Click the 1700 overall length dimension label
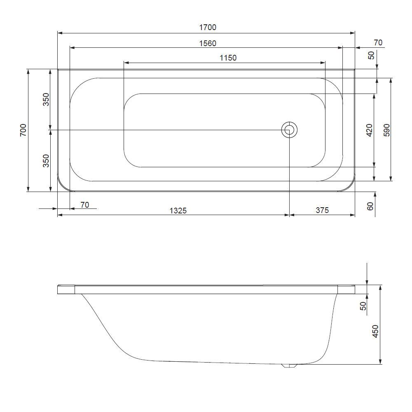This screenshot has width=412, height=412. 208,28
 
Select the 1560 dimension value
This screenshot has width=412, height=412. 208,43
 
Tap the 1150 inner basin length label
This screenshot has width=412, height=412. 228,58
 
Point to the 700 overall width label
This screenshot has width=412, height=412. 23,130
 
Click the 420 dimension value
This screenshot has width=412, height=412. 369,130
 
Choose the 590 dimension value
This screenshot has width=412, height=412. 386,130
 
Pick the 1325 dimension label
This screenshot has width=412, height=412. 178,211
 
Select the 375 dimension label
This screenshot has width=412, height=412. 322,211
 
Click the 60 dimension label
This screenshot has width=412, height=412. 370,206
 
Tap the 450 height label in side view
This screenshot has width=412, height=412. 375,331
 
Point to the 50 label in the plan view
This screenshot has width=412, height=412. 372,55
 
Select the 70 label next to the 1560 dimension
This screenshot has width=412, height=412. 378,43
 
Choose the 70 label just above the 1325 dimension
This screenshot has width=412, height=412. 84,205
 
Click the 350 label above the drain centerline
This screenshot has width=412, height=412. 46,99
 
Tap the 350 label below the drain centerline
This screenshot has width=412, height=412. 46,160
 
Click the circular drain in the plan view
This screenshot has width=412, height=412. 289,130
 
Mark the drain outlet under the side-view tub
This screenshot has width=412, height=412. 288,366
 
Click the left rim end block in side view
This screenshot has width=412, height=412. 66,289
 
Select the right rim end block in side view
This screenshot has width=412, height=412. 346,289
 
